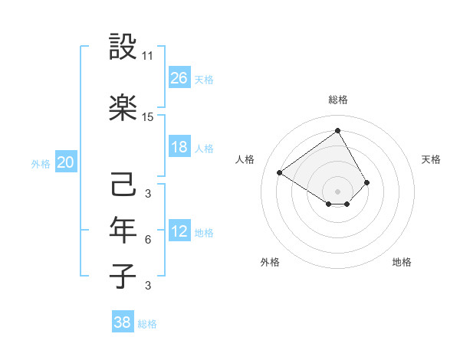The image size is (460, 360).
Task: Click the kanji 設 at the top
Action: (x=123, y=47)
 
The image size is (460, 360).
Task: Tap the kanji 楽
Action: (x=123, y=108)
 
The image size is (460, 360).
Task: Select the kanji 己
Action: (x=123, y=185)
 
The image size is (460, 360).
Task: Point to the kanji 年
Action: (x=123, y=230)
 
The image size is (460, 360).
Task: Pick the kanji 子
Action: (x=123, y=276)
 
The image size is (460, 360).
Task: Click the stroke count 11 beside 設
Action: (x=148, y=56)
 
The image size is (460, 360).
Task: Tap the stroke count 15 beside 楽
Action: (x=148, y=117)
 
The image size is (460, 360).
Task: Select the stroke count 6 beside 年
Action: (x=148, y=240)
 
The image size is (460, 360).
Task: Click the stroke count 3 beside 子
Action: (x=148, y=286)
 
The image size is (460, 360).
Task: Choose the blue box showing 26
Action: (x=179, y=77)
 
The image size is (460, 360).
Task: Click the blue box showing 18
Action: (x=179, y=147)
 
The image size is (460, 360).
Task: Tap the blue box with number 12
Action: (x=179, y=231)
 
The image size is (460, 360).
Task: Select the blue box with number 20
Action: (x=66, y=162)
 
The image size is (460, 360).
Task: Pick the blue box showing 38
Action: (x=123, y=322)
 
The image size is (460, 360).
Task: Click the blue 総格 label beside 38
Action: (x=147, y=324)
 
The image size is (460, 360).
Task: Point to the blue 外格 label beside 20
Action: (x=41, y=164)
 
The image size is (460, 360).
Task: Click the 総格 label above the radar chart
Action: (x=337, y=100)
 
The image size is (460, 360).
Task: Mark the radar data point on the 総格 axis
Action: (x=337, y=130)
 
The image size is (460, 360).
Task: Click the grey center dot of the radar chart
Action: (x=337, y=190)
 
